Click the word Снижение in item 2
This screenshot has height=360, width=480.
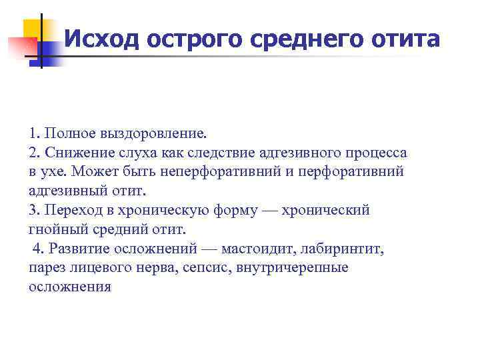click(x=72, y=153)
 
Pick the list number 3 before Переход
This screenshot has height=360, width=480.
click(x=33, y=211)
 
